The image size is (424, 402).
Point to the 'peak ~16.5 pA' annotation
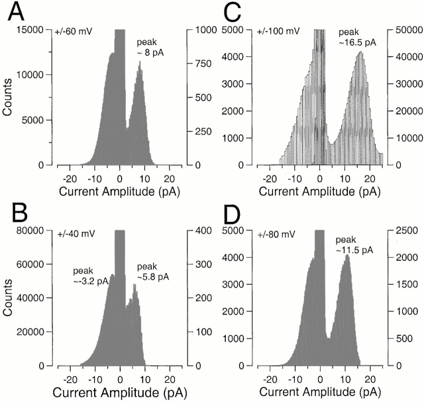pyautogui.click(x=354, y=37)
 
